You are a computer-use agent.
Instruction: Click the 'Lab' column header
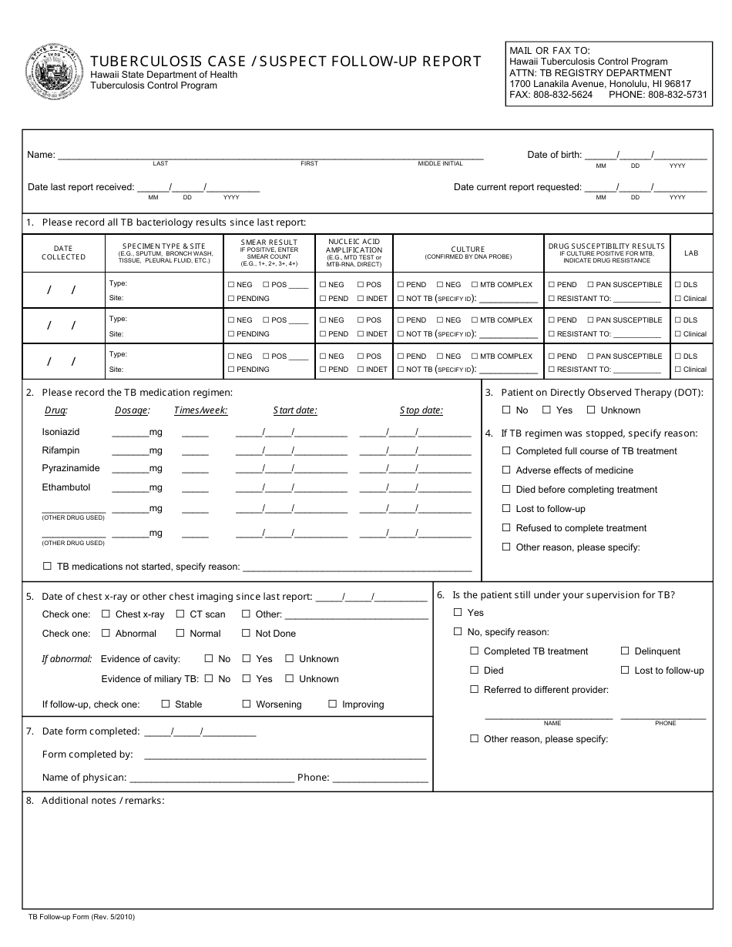tap(691, 253)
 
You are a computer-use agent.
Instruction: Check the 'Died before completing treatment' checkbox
tap(506, 490)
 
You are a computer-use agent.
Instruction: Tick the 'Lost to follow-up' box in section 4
tap(506, 509)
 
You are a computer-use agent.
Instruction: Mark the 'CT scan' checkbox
tap(180, 614)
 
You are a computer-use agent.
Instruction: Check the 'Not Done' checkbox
tap(246, 634)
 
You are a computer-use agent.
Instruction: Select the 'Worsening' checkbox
tap(247, 704)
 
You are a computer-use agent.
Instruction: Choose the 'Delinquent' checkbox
tap(625, 651)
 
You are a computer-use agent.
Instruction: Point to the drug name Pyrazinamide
tap(71, 468)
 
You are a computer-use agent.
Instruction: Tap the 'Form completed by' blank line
tap(285, 755)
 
